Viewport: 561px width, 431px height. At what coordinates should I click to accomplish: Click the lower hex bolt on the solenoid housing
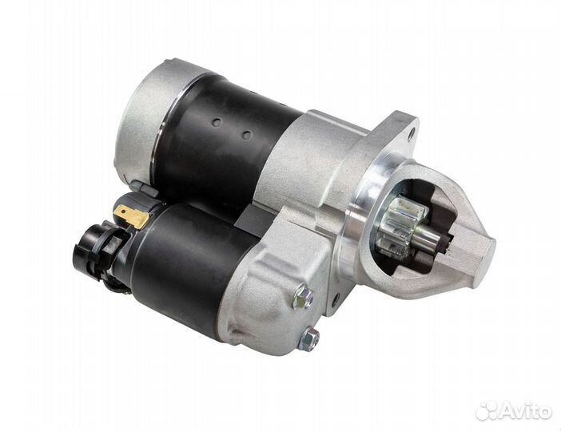pos(308,338)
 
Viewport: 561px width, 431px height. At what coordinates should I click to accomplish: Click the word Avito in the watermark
pos(523,412)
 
